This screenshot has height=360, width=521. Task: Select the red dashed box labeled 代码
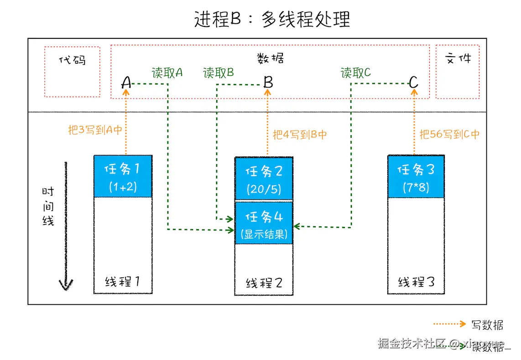click(x=73, y=71)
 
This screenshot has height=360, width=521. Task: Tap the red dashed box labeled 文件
click(x=458, y=71)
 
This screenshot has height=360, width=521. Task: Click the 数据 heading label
click(x=270, y=58)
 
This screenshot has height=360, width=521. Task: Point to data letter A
click(x=126, y=83)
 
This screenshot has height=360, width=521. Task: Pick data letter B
click(x=268, y=83)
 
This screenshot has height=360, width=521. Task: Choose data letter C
click(x=413, y=83)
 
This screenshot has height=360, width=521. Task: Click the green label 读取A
click(x=167, y=73)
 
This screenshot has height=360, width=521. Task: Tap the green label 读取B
click(x=219, y=73)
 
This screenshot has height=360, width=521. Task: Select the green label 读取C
click(x=356, y=73)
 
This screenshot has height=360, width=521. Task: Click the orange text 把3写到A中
click(x=95, y=130)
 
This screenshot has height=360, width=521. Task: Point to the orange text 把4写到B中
click(x=300, y=135)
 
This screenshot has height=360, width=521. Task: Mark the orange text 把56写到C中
click(x=449, y=135)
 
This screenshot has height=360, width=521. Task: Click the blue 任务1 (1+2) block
click(x=123, y=176)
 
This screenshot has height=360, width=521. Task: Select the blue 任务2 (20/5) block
click(x=264, y=178)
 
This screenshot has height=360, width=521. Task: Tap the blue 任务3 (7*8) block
click(x=416, y=177)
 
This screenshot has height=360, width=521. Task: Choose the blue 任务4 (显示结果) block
click(x=264, y=223)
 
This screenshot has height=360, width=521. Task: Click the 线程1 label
click(x=122, y=282)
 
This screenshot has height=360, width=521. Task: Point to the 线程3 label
click(x=416, y=282)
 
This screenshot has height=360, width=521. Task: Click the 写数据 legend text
click(x=487, y=325)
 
